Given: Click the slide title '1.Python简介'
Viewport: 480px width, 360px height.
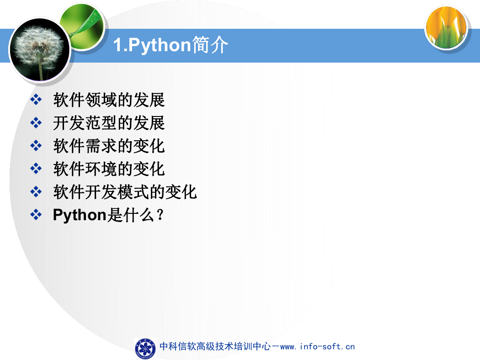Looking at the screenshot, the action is tap(171, 45).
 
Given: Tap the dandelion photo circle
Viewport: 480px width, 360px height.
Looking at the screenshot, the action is tap(40, 49).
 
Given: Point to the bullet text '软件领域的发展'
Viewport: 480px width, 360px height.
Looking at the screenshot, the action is tap(109, 100).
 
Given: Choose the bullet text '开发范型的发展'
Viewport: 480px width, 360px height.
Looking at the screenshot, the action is tap(109, 123).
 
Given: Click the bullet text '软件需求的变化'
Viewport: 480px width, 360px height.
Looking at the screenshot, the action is tap(109, 146).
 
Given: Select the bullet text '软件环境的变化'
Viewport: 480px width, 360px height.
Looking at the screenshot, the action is tap(109, 169).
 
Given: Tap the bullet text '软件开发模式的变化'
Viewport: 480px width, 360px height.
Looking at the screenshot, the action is tap(125, 192).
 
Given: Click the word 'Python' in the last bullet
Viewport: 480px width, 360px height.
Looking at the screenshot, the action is tap(80, 215).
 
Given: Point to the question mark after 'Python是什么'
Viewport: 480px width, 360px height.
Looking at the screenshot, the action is tap(160, 215).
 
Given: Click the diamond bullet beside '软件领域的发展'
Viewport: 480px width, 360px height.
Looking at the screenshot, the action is tap(36, 100).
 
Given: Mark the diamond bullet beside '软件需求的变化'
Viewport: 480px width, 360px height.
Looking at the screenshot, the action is tap(36, 146).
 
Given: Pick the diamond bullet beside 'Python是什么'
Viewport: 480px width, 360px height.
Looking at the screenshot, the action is tap(36, 214).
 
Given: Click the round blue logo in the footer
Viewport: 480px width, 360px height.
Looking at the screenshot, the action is tap(145, 349).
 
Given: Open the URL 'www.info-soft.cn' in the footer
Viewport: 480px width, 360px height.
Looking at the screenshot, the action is tap(317, 347).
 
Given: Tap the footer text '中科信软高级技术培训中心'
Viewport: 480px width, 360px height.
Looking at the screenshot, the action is tap(215, 346).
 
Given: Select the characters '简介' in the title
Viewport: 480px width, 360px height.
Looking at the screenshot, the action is tap(210, 45).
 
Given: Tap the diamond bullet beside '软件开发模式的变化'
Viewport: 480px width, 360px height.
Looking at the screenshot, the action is tap(36, 192).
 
